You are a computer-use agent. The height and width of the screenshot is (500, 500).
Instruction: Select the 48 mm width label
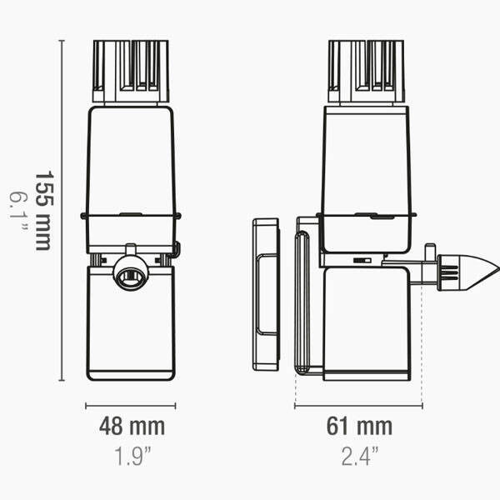132,427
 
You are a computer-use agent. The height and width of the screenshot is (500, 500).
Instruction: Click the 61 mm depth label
358,427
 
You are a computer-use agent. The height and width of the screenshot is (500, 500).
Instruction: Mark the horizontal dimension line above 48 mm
131,407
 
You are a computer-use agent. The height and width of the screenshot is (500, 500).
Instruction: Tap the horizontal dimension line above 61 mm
358,407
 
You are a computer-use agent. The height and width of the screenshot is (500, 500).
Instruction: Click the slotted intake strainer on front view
131,70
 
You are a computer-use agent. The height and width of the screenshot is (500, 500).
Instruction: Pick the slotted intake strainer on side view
367,70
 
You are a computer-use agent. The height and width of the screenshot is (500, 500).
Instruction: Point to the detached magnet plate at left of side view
266,293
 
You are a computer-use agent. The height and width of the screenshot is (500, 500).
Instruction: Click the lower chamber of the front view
131,333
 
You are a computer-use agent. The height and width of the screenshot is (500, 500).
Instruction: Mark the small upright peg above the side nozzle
429,252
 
